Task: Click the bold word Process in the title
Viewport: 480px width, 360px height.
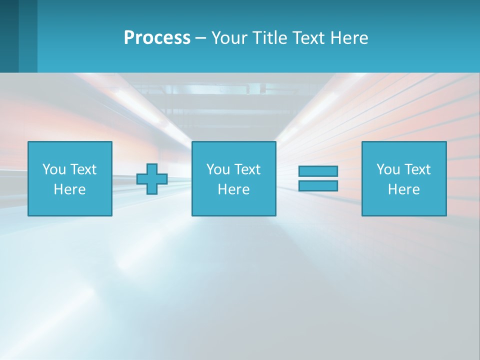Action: pyautogui.click(x=157, y=38)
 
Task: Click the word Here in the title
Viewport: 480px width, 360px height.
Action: pyautogui.click(x=350, y=38)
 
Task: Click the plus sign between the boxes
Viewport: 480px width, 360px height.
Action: pyautogui.click(x=152, y=179)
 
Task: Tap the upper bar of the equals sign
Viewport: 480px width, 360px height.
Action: pyautogui.click(x=318, y=171)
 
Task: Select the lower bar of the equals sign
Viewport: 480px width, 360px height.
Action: pyautogui.click(x=318, y=186)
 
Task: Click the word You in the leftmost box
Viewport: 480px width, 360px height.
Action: pyautogui.click(x=54, y=169)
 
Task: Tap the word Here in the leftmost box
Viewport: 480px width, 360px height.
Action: pyautogui.click(x=70, y=189)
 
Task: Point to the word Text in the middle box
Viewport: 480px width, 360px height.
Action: pyautogui.click(x=247, y=169)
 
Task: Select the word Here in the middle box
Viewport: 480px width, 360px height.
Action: pyautogui.click(x=233, y=189)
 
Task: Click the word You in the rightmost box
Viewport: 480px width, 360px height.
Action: pyautogui.click(x=388, y=169)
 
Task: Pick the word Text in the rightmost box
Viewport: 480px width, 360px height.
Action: pyautogui.click(x=417, y=169)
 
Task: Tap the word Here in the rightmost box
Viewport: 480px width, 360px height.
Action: pyautogui.click(x=404, y=189)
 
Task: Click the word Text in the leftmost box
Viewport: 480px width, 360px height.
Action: pyautogui.click(x=83, y=169)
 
